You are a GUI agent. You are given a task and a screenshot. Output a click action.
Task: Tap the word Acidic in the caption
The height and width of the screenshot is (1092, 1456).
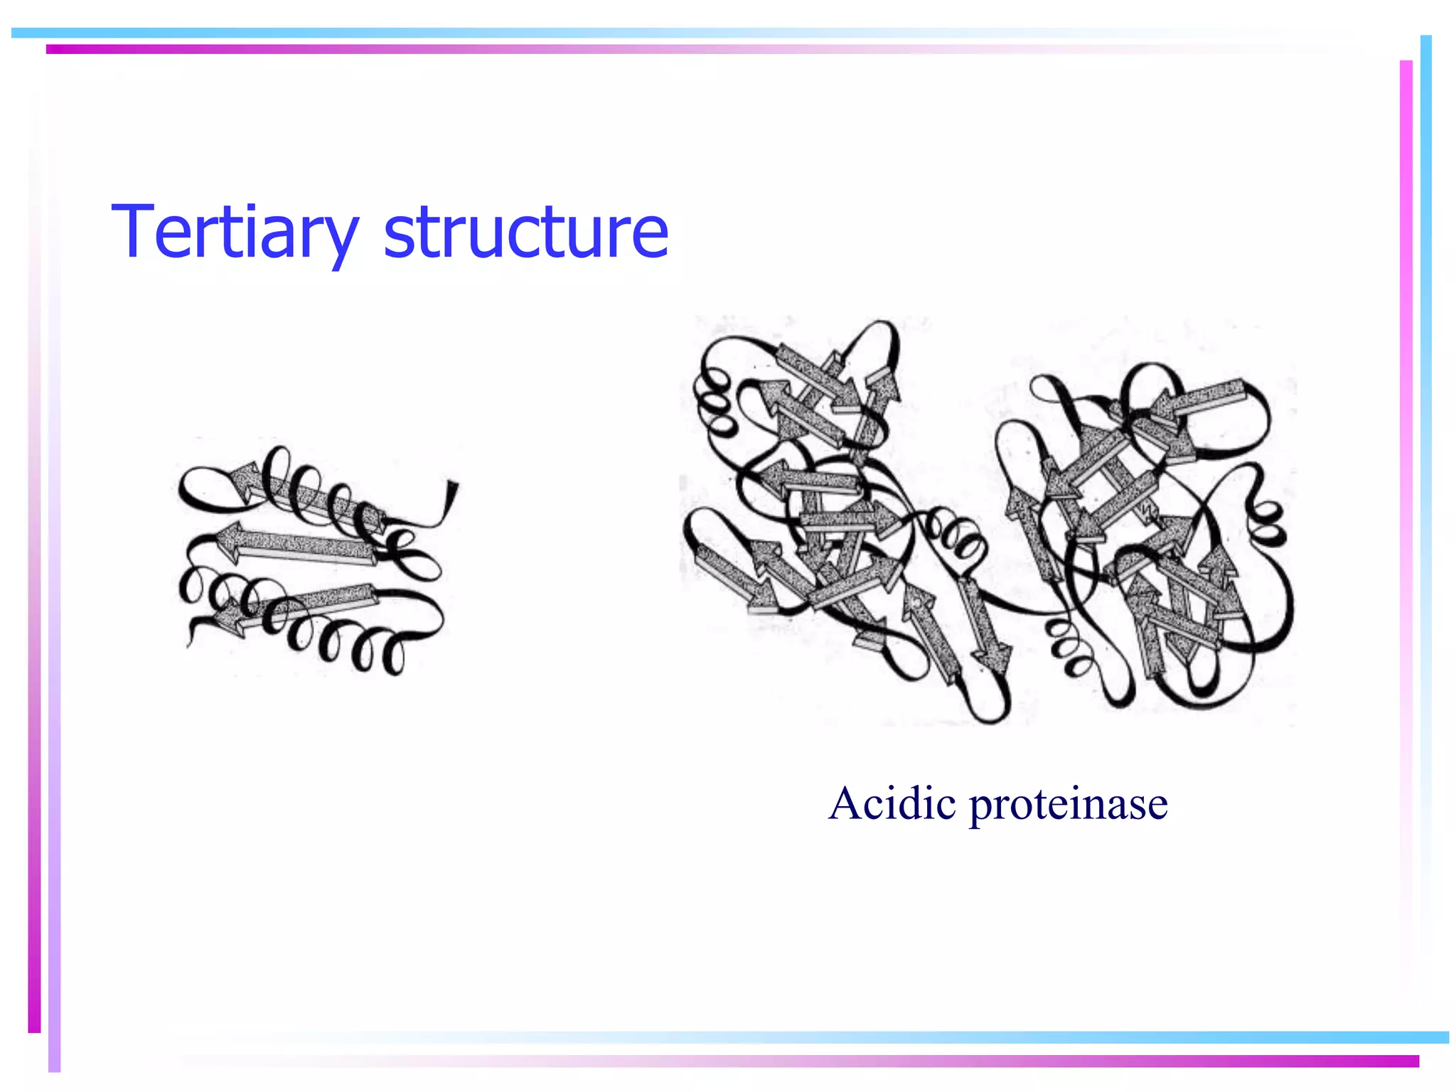[x=892, y=804]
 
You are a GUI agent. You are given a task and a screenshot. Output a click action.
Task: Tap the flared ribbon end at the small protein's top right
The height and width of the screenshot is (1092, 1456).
[x=451, y=494]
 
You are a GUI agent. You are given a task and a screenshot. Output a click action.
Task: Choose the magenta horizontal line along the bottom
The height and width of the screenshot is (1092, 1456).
[x=1066, y=1061]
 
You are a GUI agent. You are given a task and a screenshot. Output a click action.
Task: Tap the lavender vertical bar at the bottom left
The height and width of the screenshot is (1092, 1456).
[x=54, y=924]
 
